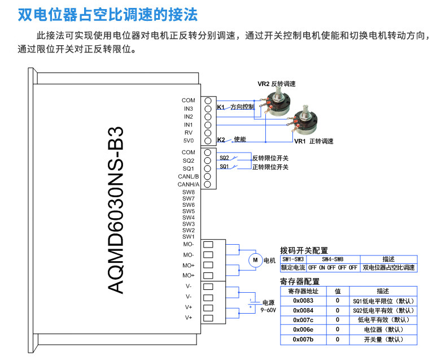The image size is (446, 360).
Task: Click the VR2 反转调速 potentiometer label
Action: pyautogui.click(x=277, y=84)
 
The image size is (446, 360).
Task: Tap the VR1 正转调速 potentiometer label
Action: pyautogui.click(x=313, y=141)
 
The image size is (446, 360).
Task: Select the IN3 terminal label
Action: pyautogui.click(x=189, y=109)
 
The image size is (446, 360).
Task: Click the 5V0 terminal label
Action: pyautogui.click(x=189, y=140)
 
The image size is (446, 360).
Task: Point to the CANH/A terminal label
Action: pyautogui.click(x=189, y=184)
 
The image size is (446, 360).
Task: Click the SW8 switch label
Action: pyautogui.click(x=189, y=193)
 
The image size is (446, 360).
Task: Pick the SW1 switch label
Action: pyautogui.click(x=189, y=236)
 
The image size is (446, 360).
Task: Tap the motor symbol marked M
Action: pyautogui.click(x=255, y=260)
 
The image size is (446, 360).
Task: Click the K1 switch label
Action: pyautogui.click(x=221, y=107)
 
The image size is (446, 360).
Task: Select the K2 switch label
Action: pyautogui.click(x=221, y=140)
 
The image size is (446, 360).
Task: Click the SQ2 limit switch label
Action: pyautogui.click(x=224, y=158)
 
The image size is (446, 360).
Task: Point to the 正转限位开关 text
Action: pyautogui.click(x=270, y=167)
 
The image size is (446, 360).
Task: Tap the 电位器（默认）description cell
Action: pyautogui.click(x=383, y=329)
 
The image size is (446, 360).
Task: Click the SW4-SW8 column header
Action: pyautogui.click(x=333, y=259)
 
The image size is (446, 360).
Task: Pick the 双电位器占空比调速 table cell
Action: pyautogui.click(x=388, y=267)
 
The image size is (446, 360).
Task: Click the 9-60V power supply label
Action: pyautogui.click(x=268, y=310)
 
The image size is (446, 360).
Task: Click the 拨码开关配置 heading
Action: pyautogui.click(x=304, y=250)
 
